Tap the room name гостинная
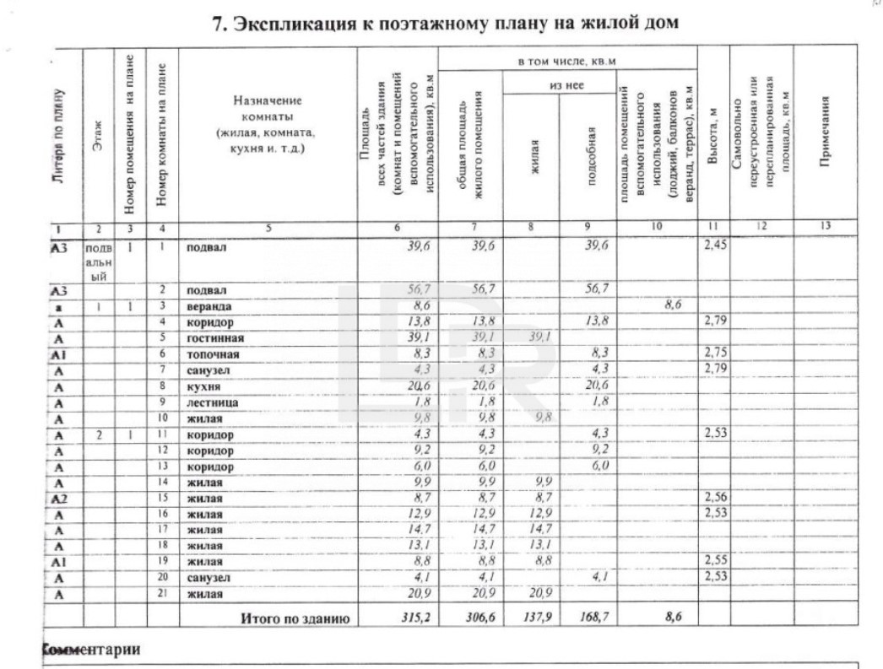214,338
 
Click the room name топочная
210,354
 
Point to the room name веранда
209,305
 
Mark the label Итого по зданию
295,618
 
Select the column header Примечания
824,135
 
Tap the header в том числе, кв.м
567,64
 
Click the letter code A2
58,499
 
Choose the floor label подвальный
99,262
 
